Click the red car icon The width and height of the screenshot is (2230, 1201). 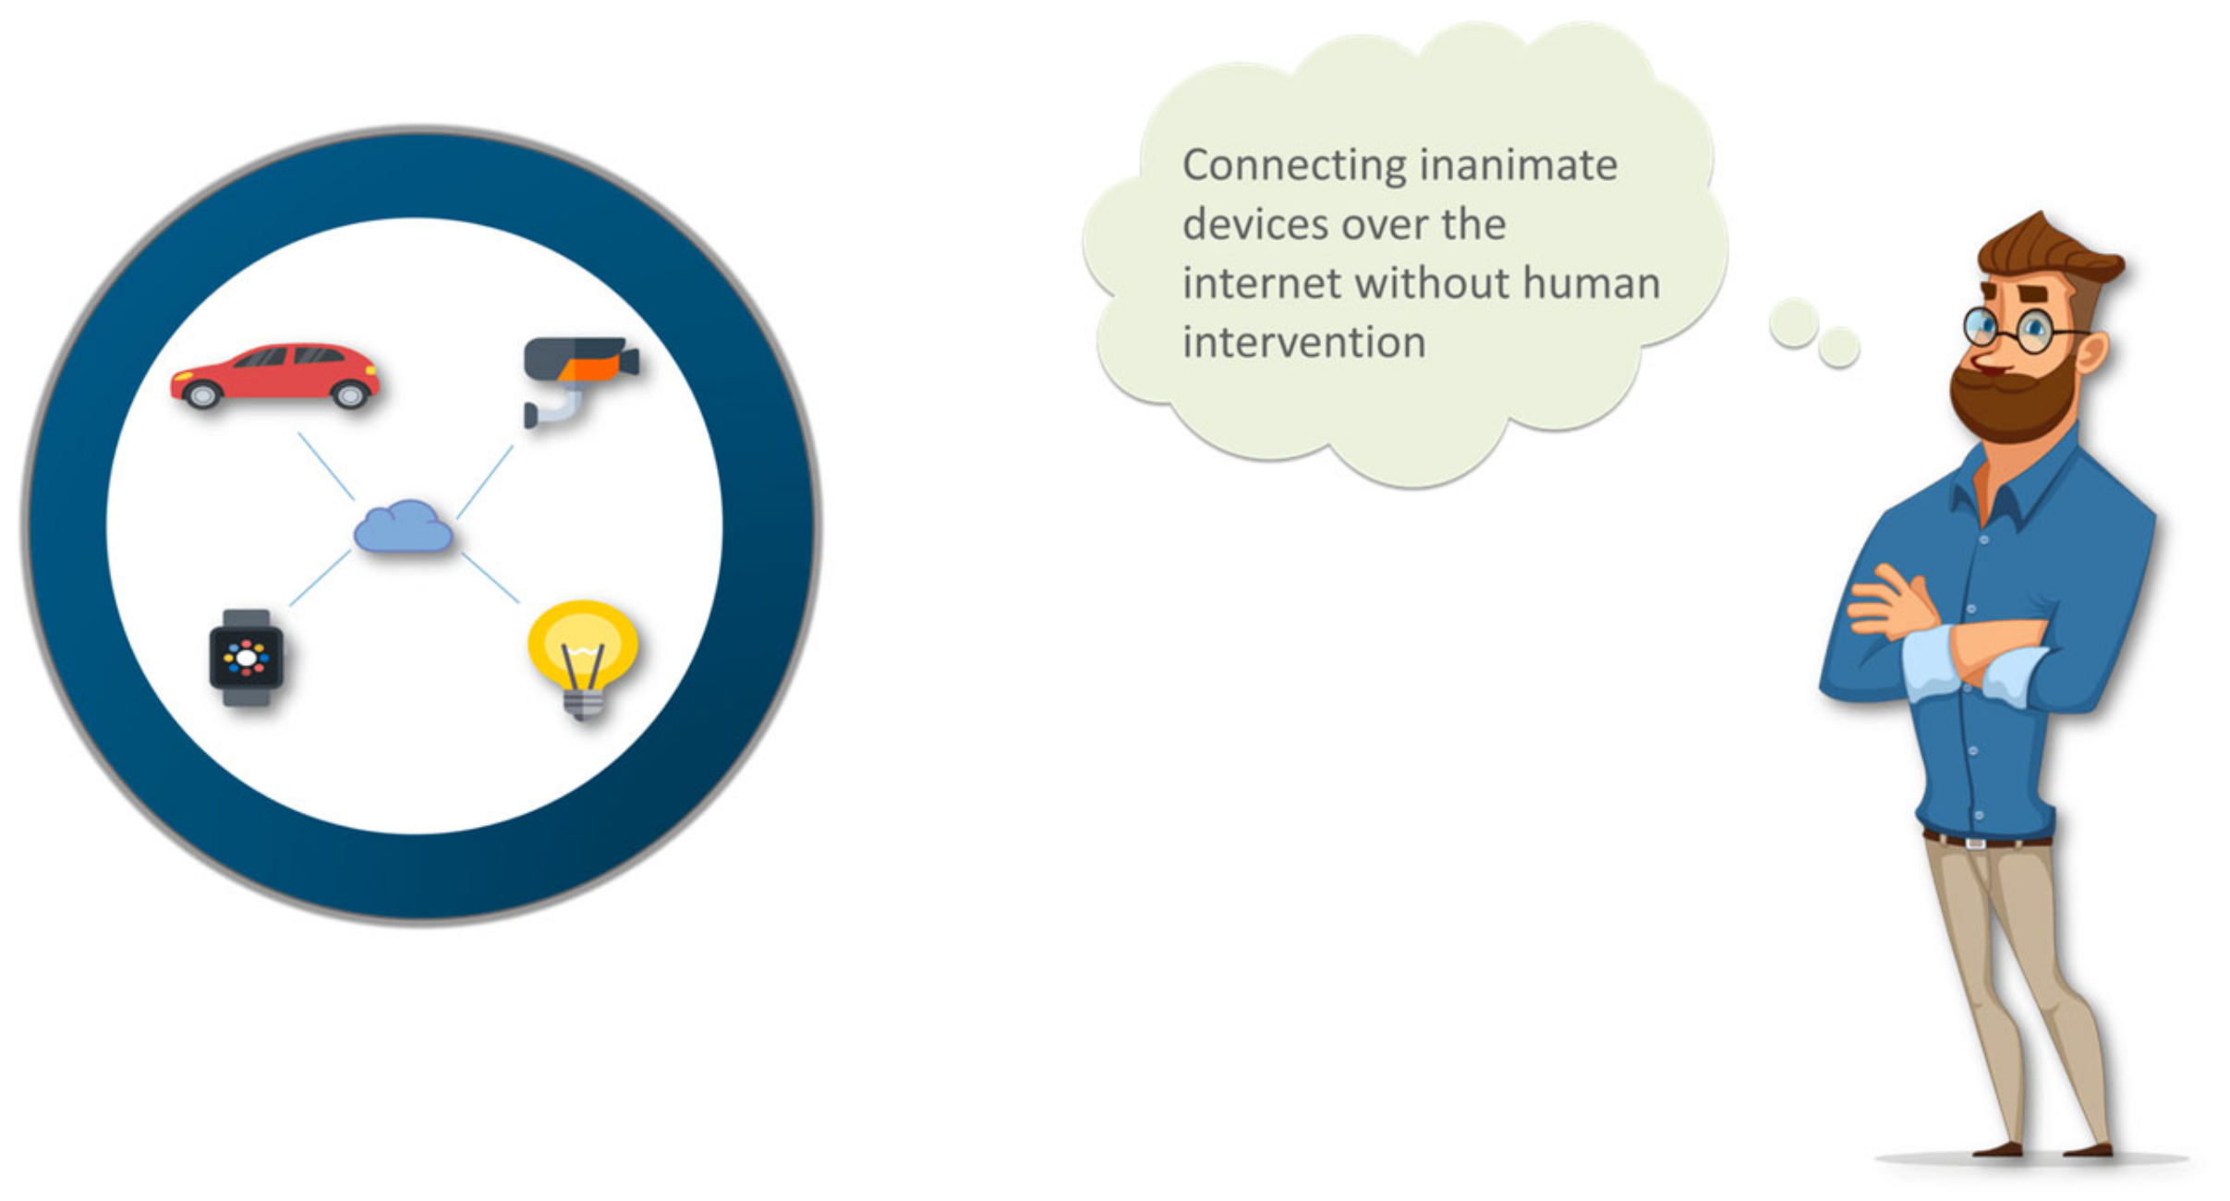[x=275, y=375]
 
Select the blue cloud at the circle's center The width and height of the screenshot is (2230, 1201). [x=404, y=527]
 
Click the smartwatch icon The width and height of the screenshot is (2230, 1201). [x=246, y=658]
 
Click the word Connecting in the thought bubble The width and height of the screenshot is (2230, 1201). [x=1293, y=166]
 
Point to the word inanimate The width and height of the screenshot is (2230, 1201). [x=1519, y=165]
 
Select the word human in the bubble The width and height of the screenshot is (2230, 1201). [x=1591, y=283]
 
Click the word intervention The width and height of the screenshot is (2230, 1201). [x=1304, y=343]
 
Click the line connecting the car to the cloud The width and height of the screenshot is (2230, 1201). [x=326, y=467]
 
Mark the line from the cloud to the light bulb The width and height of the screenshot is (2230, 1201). [x=490, y=577]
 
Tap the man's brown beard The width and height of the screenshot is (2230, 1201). [x=2014, y=399]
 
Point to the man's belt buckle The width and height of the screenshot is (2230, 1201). [x=1975, y=843]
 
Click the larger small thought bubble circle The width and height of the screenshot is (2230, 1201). [x=1793, y=322]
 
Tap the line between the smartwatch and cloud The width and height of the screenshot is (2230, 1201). [x=320, y=578]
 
